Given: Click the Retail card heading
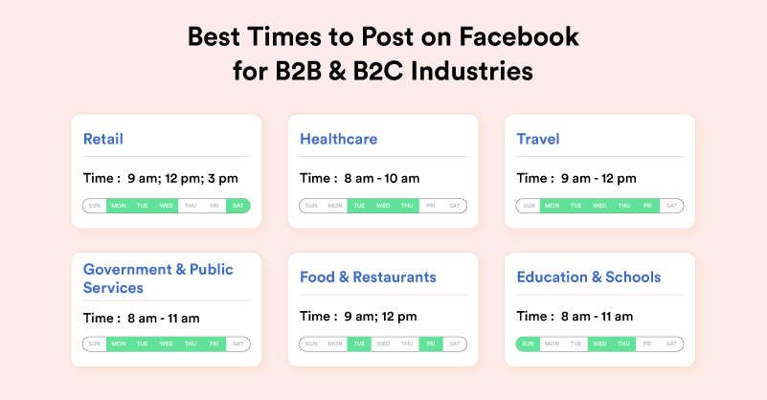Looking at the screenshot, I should pos(103,139).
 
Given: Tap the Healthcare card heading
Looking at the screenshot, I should pos(338,139).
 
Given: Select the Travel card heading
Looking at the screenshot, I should pos(538,139).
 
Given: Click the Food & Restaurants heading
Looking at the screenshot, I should pos(368,277).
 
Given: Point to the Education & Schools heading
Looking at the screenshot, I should pos(588,277).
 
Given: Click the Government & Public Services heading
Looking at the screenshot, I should pos(158,278).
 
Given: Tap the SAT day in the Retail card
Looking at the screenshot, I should pos(237,206).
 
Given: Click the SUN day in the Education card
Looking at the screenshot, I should pos(528,344).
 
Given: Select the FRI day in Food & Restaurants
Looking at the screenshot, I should pos(431,344).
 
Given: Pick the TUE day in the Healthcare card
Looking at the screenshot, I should pos(359,206).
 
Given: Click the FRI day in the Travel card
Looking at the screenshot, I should pos(648,206).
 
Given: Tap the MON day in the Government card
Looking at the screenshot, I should pos(118,344).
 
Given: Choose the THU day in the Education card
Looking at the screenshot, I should pos(623,344).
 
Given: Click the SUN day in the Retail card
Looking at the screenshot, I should pos(94,206).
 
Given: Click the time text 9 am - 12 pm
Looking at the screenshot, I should pos(598,178).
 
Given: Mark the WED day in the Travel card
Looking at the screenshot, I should pos(599,206).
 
